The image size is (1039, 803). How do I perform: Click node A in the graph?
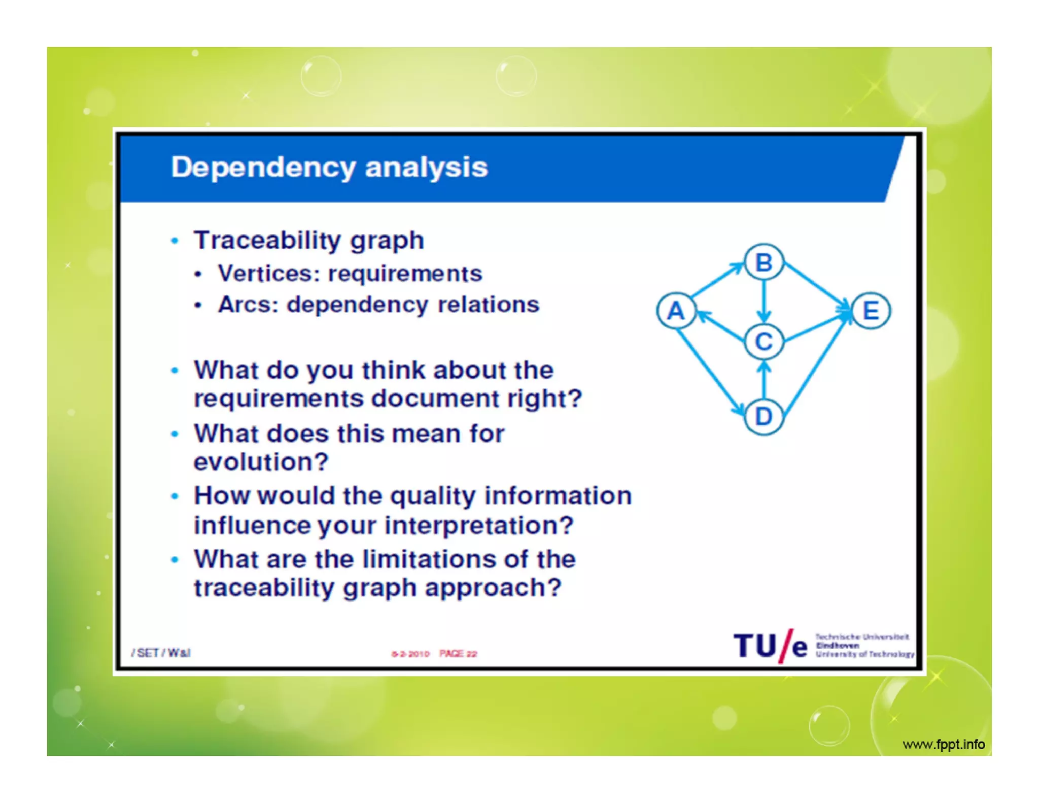pyautogui.click(x=675, y=310)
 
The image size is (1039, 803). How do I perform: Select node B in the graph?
pyautogui.click(x=764, y=262)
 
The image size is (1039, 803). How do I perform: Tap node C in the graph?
pyautogui.click(x=764, y=341)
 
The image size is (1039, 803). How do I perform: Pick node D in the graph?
pyautogui.click(x=764, y=417)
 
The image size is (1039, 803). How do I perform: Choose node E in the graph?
pyautogui.click(x=871, y=310)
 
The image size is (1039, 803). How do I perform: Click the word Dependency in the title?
pyautogui.click(x=263, y=167)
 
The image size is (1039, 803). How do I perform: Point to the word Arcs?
pyautogui.click(x=248, y=305)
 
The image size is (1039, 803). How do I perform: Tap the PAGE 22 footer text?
pyautogui.click(x=458, y=653)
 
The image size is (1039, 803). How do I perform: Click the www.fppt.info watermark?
pyautogui.click(x=944, y=744)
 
